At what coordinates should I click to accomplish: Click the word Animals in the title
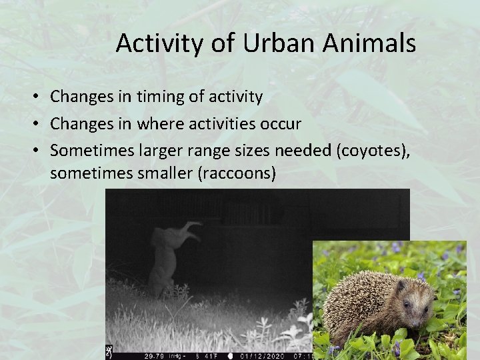click(x=373, y=44)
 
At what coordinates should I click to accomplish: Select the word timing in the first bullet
click(x=162, y=97)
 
